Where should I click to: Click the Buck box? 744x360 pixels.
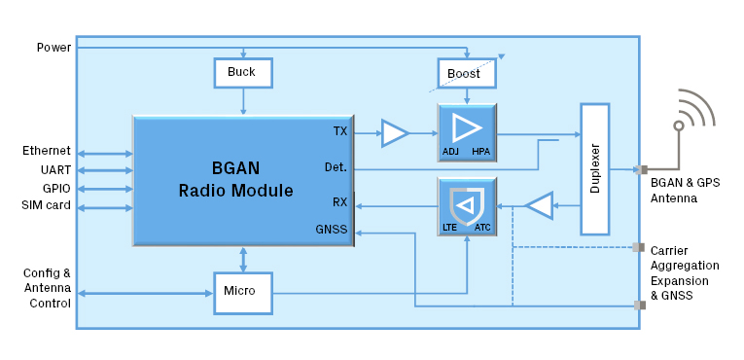(242, 73)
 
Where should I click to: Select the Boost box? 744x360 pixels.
(466, 74)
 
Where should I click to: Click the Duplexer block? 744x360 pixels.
(594, 169)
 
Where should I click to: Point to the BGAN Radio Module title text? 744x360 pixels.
(235, 178)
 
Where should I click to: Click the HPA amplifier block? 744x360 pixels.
(467, 132)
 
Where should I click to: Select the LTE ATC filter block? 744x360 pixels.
(467, 207)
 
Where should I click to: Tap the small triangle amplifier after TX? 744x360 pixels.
(394, 133)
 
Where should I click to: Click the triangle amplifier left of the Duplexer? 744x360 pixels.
(539, 205)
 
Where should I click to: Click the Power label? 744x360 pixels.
(53, 48)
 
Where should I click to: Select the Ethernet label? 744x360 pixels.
(47, 151)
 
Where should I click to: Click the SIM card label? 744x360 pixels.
(47, 205)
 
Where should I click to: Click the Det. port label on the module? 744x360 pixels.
(336, 167)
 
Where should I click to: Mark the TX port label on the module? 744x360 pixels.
(339, 130)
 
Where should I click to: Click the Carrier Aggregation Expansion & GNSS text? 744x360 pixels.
(685, 272)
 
